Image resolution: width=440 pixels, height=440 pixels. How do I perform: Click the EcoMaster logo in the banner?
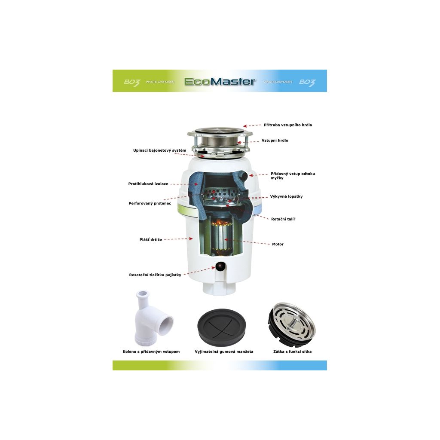tap(220, 81)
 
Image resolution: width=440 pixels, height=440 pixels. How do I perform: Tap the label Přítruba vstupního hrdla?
tap(287, 125)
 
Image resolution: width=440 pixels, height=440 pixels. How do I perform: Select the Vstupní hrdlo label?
tap(275, 141)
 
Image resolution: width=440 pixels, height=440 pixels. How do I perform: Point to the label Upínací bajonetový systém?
tap(159, 150)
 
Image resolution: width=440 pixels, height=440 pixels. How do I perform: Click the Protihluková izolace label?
tap(148, 184)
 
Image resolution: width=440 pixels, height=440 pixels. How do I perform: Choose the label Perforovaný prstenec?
tap(150, 203)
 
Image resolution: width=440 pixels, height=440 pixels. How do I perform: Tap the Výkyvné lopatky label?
tap(286, 196)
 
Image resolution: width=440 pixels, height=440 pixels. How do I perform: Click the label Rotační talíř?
tap(283, 219)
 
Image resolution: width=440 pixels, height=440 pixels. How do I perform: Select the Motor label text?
tap(278, 244)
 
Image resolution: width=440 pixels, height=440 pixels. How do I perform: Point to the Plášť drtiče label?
tap(151, 240)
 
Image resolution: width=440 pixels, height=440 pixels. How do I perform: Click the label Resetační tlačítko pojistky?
tap(155, 275)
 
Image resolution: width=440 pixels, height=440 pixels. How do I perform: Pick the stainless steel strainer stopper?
tap(292, 324)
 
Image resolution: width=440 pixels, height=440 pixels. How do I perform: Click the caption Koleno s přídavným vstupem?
tap(151, 351)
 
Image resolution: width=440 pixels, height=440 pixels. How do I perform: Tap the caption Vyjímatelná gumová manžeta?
tap(224, 351)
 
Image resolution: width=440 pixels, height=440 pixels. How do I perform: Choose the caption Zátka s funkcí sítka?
tap(292, 351)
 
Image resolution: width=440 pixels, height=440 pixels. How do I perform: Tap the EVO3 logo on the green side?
tap(131, 82)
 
